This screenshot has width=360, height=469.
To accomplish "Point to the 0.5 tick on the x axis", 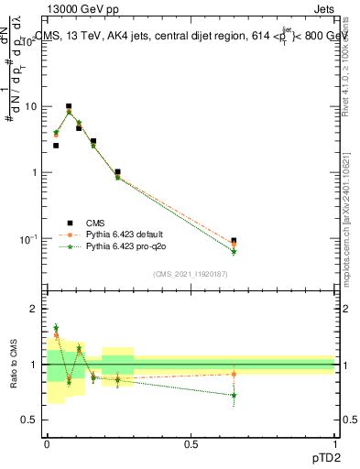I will (191, 443).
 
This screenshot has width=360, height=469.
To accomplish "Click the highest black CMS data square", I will (68, 106).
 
